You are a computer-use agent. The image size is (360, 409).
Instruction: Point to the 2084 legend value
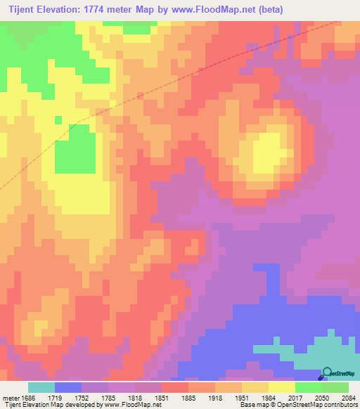click(x=349, y=397)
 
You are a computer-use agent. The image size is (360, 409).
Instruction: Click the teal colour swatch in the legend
click(x=41, y=387)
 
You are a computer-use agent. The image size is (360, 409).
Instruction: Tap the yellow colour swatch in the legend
click(x=282, y=387)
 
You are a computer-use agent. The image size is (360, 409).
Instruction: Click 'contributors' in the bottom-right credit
click(x=340, y=405)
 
